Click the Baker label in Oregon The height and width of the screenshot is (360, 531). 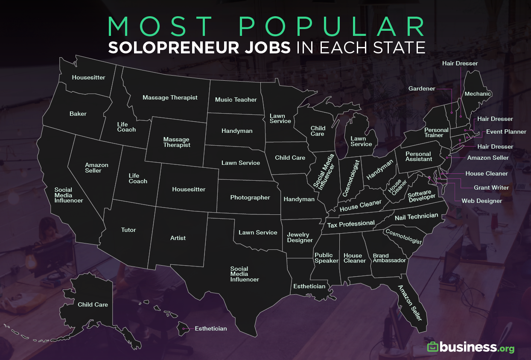click(78, 114)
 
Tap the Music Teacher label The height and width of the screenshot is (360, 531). click(236, 100)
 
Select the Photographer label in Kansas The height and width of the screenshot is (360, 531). click(250, 198)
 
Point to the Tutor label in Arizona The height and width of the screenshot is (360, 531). click(128, 230)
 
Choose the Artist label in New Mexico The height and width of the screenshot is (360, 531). click(178, 238)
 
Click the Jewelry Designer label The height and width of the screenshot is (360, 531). click(300, 237)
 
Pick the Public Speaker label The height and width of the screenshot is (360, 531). click(326, 258)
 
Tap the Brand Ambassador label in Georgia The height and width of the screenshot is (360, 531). click(389, 258)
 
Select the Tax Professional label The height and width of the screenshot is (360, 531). click(351, 224)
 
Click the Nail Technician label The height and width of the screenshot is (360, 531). click(416, 217)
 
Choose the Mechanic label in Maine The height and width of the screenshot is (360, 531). click(478, 94)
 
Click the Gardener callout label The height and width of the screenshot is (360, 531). click(422, 89)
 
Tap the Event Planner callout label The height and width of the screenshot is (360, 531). click(506, 132)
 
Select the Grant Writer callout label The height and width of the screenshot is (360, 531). click(491, 187)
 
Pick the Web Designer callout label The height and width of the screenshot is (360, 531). click(482, 201)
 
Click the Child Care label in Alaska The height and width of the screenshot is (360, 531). click(93, 305)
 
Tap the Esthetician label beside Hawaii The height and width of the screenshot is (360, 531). click(210, 329)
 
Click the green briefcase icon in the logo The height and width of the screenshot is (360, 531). click(433, 347)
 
